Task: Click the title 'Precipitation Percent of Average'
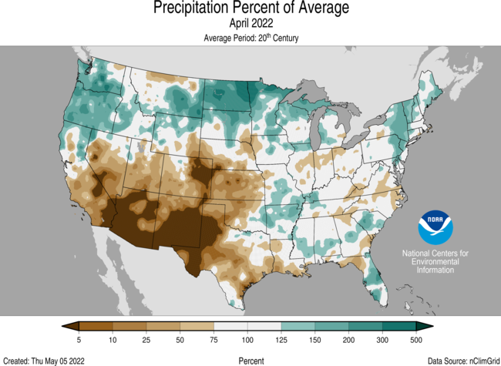point(250,8)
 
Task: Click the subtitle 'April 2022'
point(250,23)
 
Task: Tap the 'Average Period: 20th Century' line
point(250,38)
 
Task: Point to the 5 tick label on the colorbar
point(79,340)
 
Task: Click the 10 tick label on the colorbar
point(113,340)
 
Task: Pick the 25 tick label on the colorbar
point(146,340)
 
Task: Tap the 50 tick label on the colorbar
point(180,340)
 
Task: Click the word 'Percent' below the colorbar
point(250,360)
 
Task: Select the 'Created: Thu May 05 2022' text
point(45,360)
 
